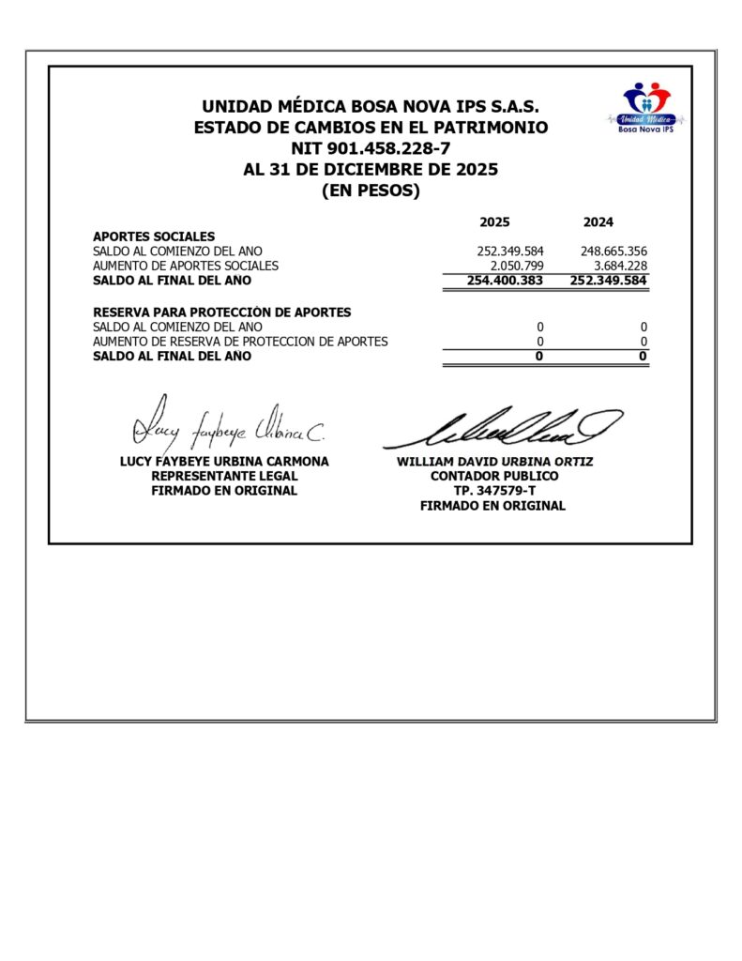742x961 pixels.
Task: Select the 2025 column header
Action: coord(494,222)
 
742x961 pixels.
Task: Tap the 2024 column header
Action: coord(598,222)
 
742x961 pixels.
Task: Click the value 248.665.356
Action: coord(608,252)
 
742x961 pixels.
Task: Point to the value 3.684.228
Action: coord(614,266)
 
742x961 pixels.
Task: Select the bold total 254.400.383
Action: coord(505,280)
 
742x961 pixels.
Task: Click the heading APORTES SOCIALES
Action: coord(154,236)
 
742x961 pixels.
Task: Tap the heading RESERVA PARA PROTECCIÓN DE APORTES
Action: coord(221,312)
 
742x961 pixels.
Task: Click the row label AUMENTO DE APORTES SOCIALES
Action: coord(185,266)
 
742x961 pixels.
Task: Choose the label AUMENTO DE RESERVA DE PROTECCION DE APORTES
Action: coord(239,342)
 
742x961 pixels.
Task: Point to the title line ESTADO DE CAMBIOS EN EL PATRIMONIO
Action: coord(371,128)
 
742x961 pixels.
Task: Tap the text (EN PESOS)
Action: coord(371,191)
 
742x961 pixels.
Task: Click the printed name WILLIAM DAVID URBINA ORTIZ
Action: coord(494,462)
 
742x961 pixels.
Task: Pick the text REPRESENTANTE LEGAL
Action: coord(224,476)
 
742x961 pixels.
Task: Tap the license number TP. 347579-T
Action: coord(493,491)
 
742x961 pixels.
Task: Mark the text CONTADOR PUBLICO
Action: coord(493,476)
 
